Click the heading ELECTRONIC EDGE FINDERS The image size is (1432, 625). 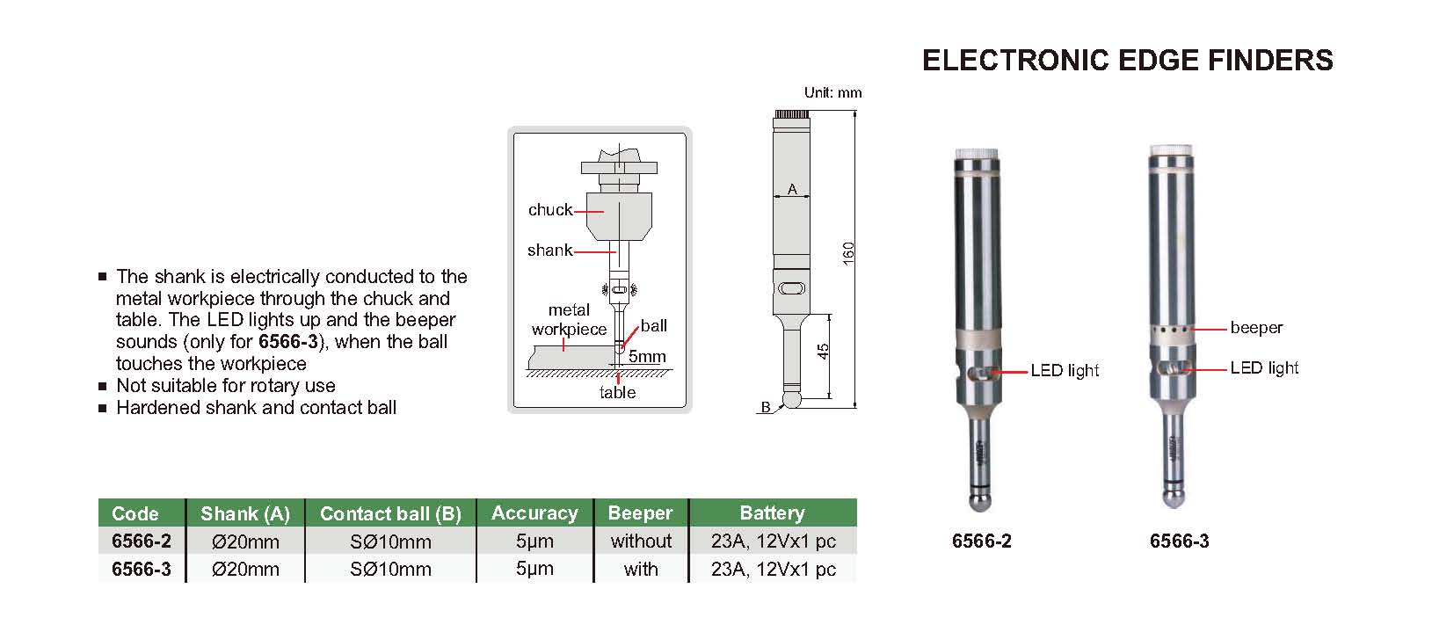tap(1127, 60)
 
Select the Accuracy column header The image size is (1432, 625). tap(534, 513)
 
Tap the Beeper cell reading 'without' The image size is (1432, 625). tap(641, 541)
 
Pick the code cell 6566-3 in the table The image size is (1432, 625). tap(142, 570)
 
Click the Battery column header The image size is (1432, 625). tap(772, 513)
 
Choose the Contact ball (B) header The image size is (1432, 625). tap(390, 514)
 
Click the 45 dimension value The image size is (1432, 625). tap(823, 351)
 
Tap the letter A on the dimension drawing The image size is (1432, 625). tap(792, 189)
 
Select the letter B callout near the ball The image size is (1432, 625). tap(766, 407)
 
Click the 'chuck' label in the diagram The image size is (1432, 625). tap(550, 210)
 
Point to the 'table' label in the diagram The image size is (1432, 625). tap(617, 393)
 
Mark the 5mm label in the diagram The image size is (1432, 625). tap(647, 357)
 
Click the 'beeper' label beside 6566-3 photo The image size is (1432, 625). tap(1256, 328)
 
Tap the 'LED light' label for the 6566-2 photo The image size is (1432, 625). tap(1065, 371)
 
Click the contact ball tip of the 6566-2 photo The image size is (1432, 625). tap(981, 503)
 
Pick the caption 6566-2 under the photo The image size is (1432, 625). tap(982, 541)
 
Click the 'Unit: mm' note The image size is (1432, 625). tap(832, 92)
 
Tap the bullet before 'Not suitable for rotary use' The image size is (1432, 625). tap(104, 386)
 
